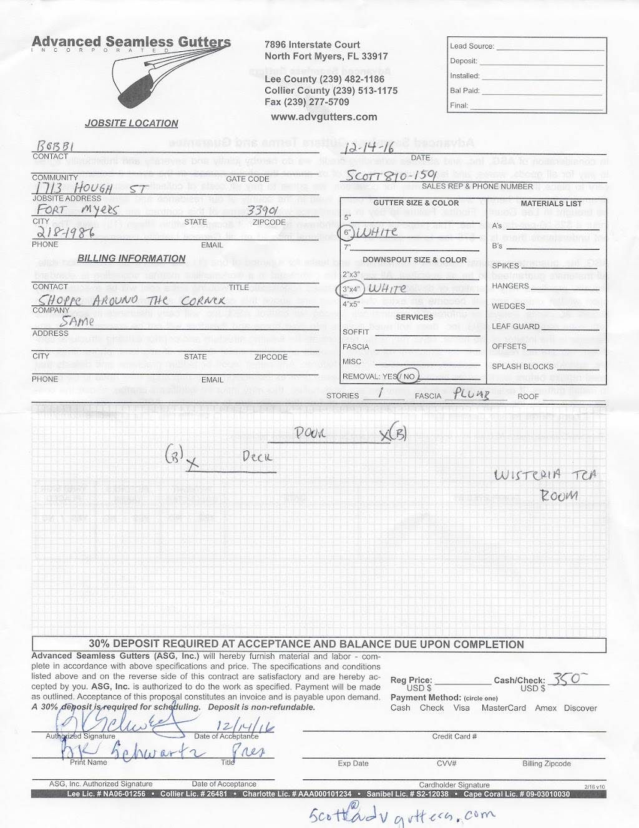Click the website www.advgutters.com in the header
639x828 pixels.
point(324,117)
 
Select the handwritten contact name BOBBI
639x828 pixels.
point(56,146)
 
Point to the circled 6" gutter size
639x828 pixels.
point(348,232)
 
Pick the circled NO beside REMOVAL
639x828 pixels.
point(409,377)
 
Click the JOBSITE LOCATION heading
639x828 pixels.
point(132,124)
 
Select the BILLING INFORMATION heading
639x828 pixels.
point(132,259)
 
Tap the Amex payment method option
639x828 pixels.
point(545,708)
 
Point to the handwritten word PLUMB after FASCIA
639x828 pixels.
point(472,394)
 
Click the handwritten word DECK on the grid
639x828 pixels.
point(257,456)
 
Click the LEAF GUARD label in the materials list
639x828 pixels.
point(515,327)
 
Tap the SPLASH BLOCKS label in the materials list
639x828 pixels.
point(522,367)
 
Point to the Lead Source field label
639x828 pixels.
point(472,46)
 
